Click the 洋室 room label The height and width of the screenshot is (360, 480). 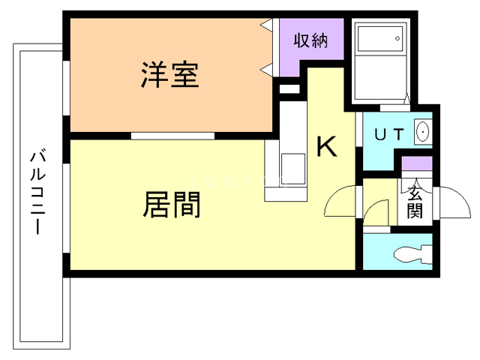tap(169, 76)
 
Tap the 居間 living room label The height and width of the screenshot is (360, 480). tap(172, 204)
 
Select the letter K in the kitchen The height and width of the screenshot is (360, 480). tap(325, 147)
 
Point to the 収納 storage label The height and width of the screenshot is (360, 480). tap(310, 41)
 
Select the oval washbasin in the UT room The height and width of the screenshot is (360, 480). tap(421, 134)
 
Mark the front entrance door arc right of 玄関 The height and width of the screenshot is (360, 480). tap(449, 200)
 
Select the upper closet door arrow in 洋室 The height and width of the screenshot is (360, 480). tap(266, 26)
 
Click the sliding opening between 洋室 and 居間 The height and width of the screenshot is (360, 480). tap(172, 136)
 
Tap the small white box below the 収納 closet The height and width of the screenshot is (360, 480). tap(287, 89)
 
